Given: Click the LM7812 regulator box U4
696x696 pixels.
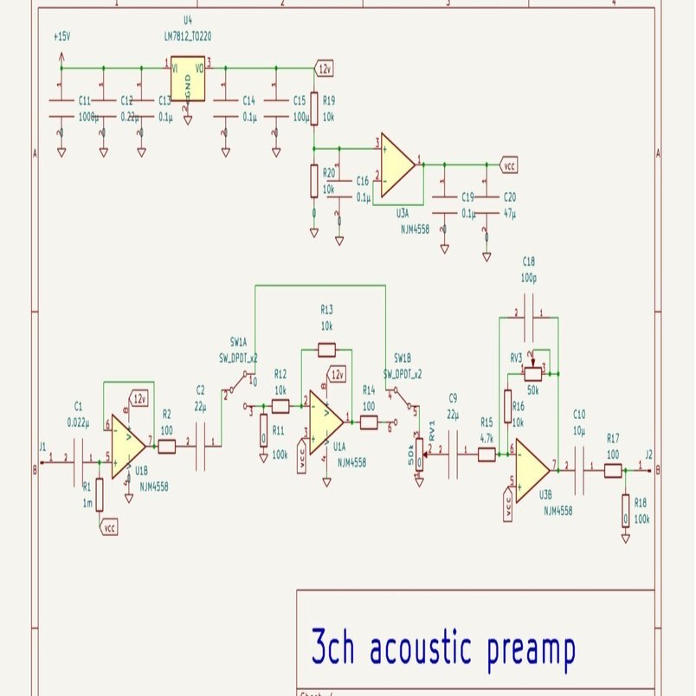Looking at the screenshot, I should pos(188,81).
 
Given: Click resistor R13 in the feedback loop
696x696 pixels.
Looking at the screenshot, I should pos(326,350).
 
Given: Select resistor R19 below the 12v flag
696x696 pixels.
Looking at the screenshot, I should pos(314,101).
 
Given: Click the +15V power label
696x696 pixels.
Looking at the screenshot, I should pos(62,37).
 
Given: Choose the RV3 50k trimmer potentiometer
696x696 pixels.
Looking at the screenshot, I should pos(532,373).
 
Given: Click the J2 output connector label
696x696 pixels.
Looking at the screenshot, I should pos(649,454).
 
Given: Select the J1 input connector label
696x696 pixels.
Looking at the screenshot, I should pos(42,447).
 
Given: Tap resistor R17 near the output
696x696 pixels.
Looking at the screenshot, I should pos(613,470).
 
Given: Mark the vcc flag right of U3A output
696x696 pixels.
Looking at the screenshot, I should pos(510,163).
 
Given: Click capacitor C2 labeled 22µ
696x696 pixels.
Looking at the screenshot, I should pos(201,447).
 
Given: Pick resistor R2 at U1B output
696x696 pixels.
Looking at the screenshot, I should pos(166,447).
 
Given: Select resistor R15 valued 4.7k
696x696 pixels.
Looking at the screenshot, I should pos(487,454).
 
